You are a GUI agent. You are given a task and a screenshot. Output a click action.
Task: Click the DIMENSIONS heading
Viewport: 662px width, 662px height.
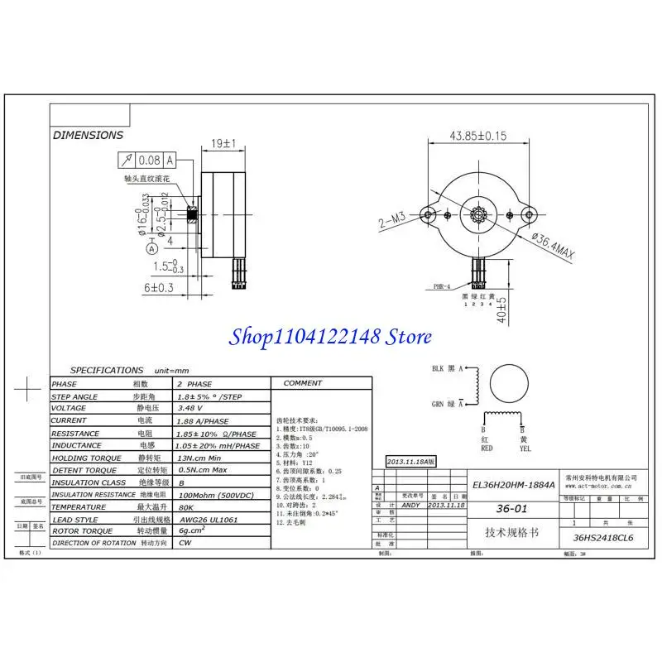click(88, 135)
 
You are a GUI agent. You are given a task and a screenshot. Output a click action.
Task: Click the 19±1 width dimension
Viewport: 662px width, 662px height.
click(223, 143)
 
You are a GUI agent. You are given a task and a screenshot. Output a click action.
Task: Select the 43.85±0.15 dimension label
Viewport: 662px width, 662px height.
click(477, 136)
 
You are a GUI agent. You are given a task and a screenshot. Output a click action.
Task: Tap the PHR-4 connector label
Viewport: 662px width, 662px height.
click(443, 286)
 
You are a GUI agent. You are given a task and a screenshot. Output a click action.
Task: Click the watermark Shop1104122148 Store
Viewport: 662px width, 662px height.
click(331, 337)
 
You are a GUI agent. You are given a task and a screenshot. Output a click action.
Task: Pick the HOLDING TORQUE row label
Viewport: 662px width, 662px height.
click(87, 458)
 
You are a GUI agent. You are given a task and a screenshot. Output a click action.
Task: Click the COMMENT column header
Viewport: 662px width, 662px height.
click(302, 383)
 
